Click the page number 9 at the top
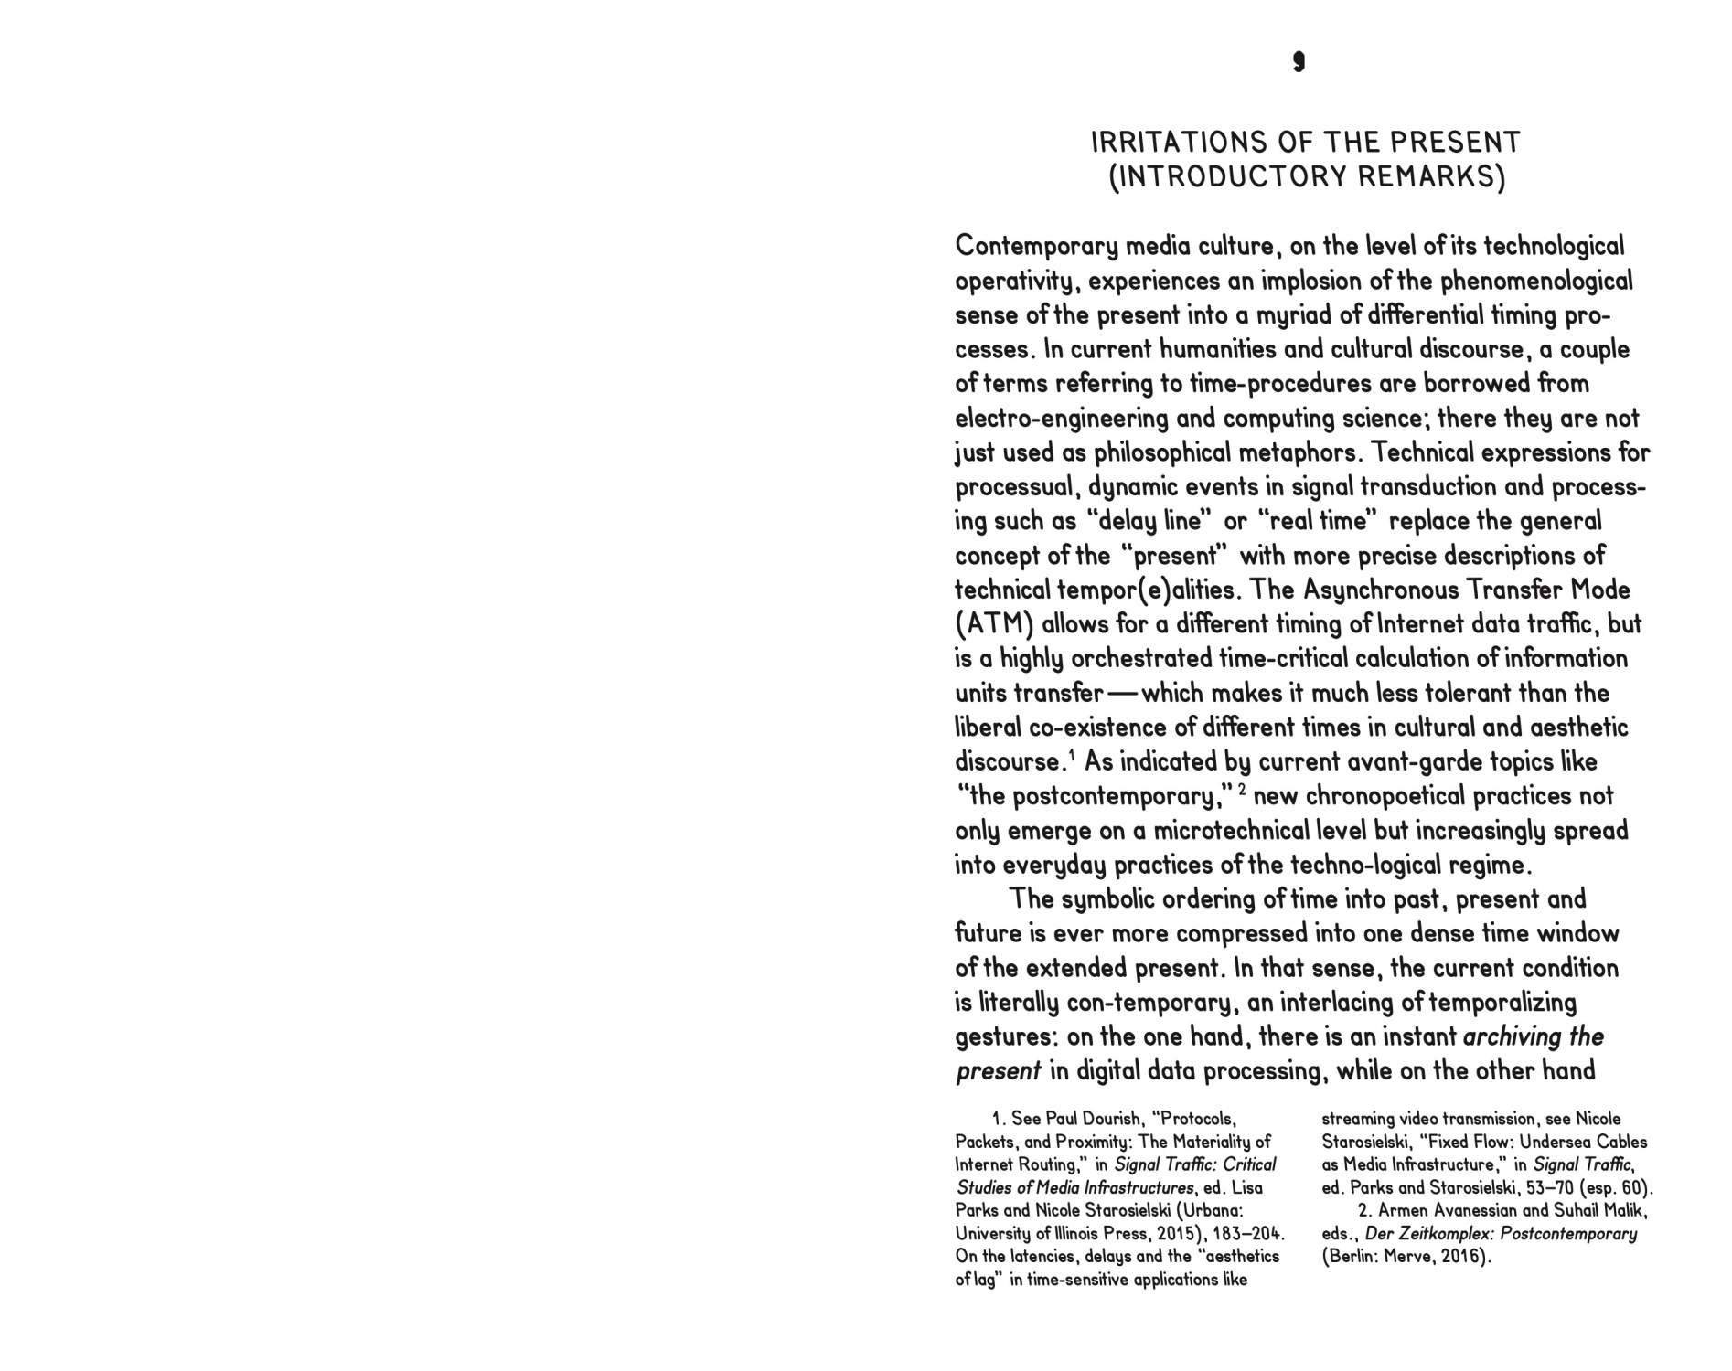pos(1299,61)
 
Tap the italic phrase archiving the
pos(1533,1036)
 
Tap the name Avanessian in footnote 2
pos(1449,1211)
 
